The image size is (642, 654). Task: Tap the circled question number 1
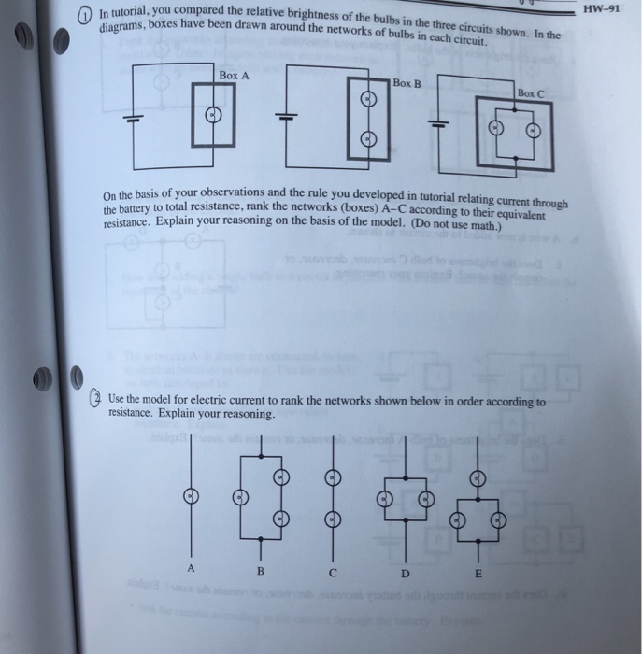click(84, 14)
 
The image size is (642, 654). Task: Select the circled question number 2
click(95, 399)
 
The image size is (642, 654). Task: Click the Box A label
click(234, 76)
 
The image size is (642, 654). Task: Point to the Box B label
click(407, 83)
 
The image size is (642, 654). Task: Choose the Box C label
click(530, 94)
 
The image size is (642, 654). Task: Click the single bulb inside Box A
click(212, 115)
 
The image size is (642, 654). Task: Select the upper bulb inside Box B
click(368, 102)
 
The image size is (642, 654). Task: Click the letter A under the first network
click(193, 568)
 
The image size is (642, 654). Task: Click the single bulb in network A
click(192, 496)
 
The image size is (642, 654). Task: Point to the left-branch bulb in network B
click(240, 498)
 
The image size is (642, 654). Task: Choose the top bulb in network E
click(478, 477)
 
